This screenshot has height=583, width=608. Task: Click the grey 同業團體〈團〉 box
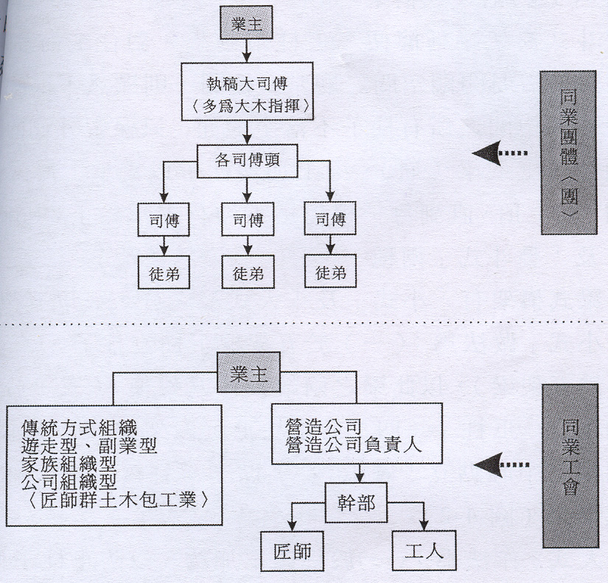click(x=567, y=153)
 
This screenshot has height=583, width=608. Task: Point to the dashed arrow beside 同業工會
click(x=501, y=464)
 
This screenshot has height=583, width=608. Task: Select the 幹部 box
click(x=358, y=503)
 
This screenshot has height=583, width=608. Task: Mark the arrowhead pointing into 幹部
click(x=358, y=478)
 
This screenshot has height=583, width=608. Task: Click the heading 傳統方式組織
click(x=80, y=426)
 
